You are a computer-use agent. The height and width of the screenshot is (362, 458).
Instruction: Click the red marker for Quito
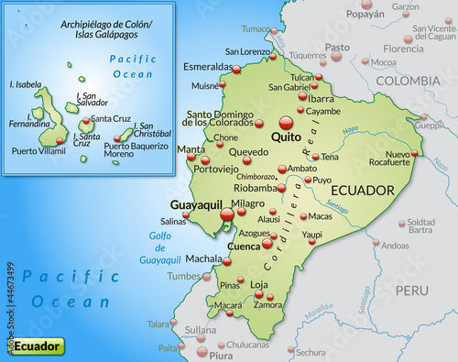286,122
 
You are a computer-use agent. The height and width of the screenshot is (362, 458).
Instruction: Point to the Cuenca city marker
267,244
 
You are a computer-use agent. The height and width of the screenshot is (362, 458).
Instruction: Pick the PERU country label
412,291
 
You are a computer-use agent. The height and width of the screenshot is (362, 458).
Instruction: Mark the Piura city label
220,354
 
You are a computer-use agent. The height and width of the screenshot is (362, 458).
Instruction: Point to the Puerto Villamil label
36,151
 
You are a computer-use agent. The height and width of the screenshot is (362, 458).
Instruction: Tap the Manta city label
191,148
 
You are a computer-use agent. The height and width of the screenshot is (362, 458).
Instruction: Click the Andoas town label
395,246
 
